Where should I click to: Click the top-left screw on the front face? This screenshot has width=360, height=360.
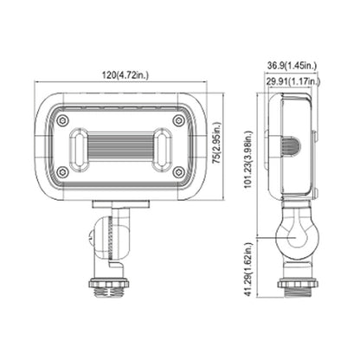tap(62, 121)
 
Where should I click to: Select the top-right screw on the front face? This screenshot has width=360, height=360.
tap(178, 121)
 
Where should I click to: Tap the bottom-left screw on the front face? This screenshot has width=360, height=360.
tap(62, 172)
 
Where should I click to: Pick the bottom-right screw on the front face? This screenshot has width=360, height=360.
tap(178, 172)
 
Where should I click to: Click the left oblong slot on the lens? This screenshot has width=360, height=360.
tap(78, 147)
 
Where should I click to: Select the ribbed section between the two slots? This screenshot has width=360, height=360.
tap(120, 147)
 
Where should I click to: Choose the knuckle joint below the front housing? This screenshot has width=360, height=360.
tap(108, 237)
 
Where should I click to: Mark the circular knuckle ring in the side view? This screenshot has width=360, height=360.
tap(291, 235)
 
